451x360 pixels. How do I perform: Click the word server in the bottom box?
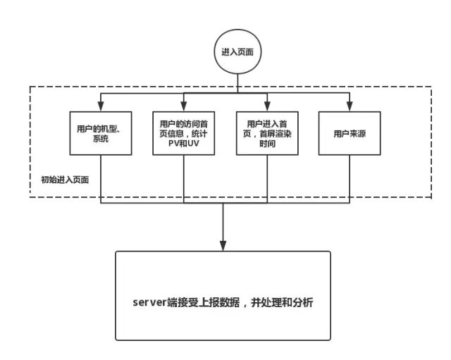(148, 302)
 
